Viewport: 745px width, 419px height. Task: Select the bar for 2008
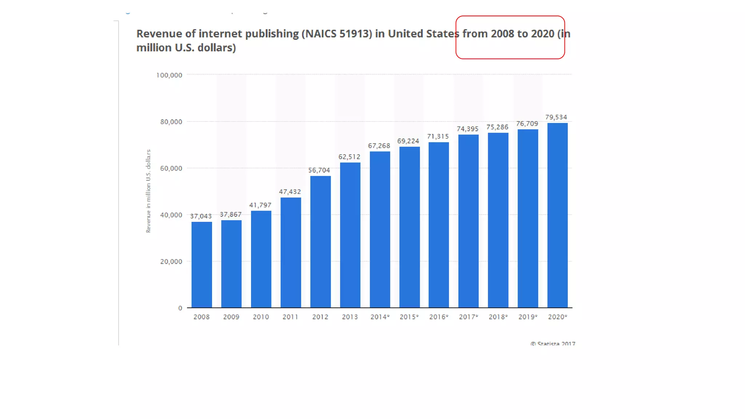(x=202, y=265)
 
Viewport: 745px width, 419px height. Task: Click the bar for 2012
(x=320, y=242)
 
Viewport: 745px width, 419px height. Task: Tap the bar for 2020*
(x=557, y=215)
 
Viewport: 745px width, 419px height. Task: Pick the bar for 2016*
(x=439, y=225)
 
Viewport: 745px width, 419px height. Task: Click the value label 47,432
(x=290, y=192)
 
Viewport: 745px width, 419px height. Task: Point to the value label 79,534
(x=556, y=117)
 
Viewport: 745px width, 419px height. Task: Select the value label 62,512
(x=349, y=157)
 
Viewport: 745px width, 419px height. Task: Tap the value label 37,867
(x=231, y=215)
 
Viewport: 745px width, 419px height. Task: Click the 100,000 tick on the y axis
(x=169, y=75)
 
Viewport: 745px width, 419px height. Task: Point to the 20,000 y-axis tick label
(x=171, y=262)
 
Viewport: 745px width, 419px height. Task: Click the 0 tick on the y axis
(x=180, y=308)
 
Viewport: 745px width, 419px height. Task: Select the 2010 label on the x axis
(x=261, y=317)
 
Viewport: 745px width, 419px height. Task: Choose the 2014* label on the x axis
(x=380, y=317)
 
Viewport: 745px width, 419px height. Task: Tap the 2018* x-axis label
(x=498, y=317)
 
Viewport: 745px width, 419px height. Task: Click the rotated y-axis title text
(x=148, y=191)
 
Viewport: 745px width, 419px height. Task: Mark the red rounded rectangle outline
(x=510, y=16)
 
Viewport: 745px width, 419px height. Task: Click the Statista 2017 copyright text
(x=553, y=343)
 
